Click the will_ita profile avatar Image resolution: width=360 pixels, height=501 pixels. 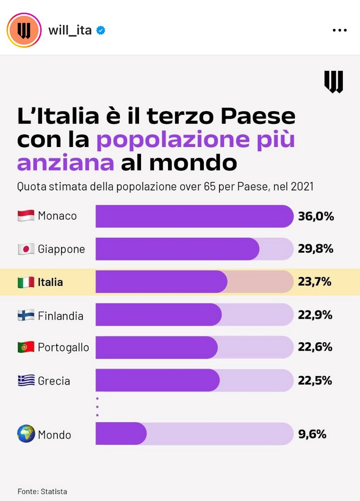click(24, 30)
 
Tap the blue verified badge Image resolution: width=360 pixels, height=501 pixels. click(101, 31)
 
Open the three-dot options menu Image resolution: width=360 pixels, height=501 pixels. click(340, 30)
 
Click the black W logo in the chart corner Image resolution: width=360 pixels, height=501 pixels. click(334, 82)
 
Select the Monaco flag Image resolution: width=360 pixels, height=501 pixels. click(26, 216)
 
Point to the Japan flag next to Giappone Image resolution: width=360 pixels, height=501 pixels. click(26, 249)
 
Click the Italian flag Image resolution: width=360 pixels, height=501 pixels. click(26, 282)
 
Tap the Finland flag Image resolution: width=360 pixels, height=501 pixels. click(26, 316)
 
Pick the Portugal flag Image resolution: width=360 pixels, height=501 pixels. click(26, 347)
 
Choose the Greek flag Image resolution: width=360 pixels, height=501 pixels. click(26, 380)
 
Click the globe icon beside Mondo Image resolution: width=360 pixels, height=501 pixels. click(26, 434)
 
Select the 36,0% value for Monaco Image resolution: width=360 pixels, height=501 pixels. click(316, 216)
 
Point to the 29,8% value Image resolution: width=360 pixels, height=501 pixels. click(316, 249)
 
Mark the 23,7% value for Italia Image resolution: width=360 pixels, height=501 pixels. click(315, 282)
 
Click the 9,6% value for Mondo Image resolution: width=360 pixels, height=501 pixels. click(312, 434)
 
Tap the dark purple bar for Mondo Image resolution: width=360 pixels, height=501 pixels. click(121, 434)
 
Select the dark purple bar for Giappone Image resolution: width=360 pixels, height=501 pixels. click(177, 249)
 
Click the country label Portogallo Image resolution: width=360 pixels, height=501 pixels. click(63, 348)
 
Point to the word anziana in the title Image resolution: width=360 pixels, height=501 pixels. click(65, 163)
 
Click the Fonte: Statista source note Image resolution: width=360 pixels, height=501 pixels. click(43, 491)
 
